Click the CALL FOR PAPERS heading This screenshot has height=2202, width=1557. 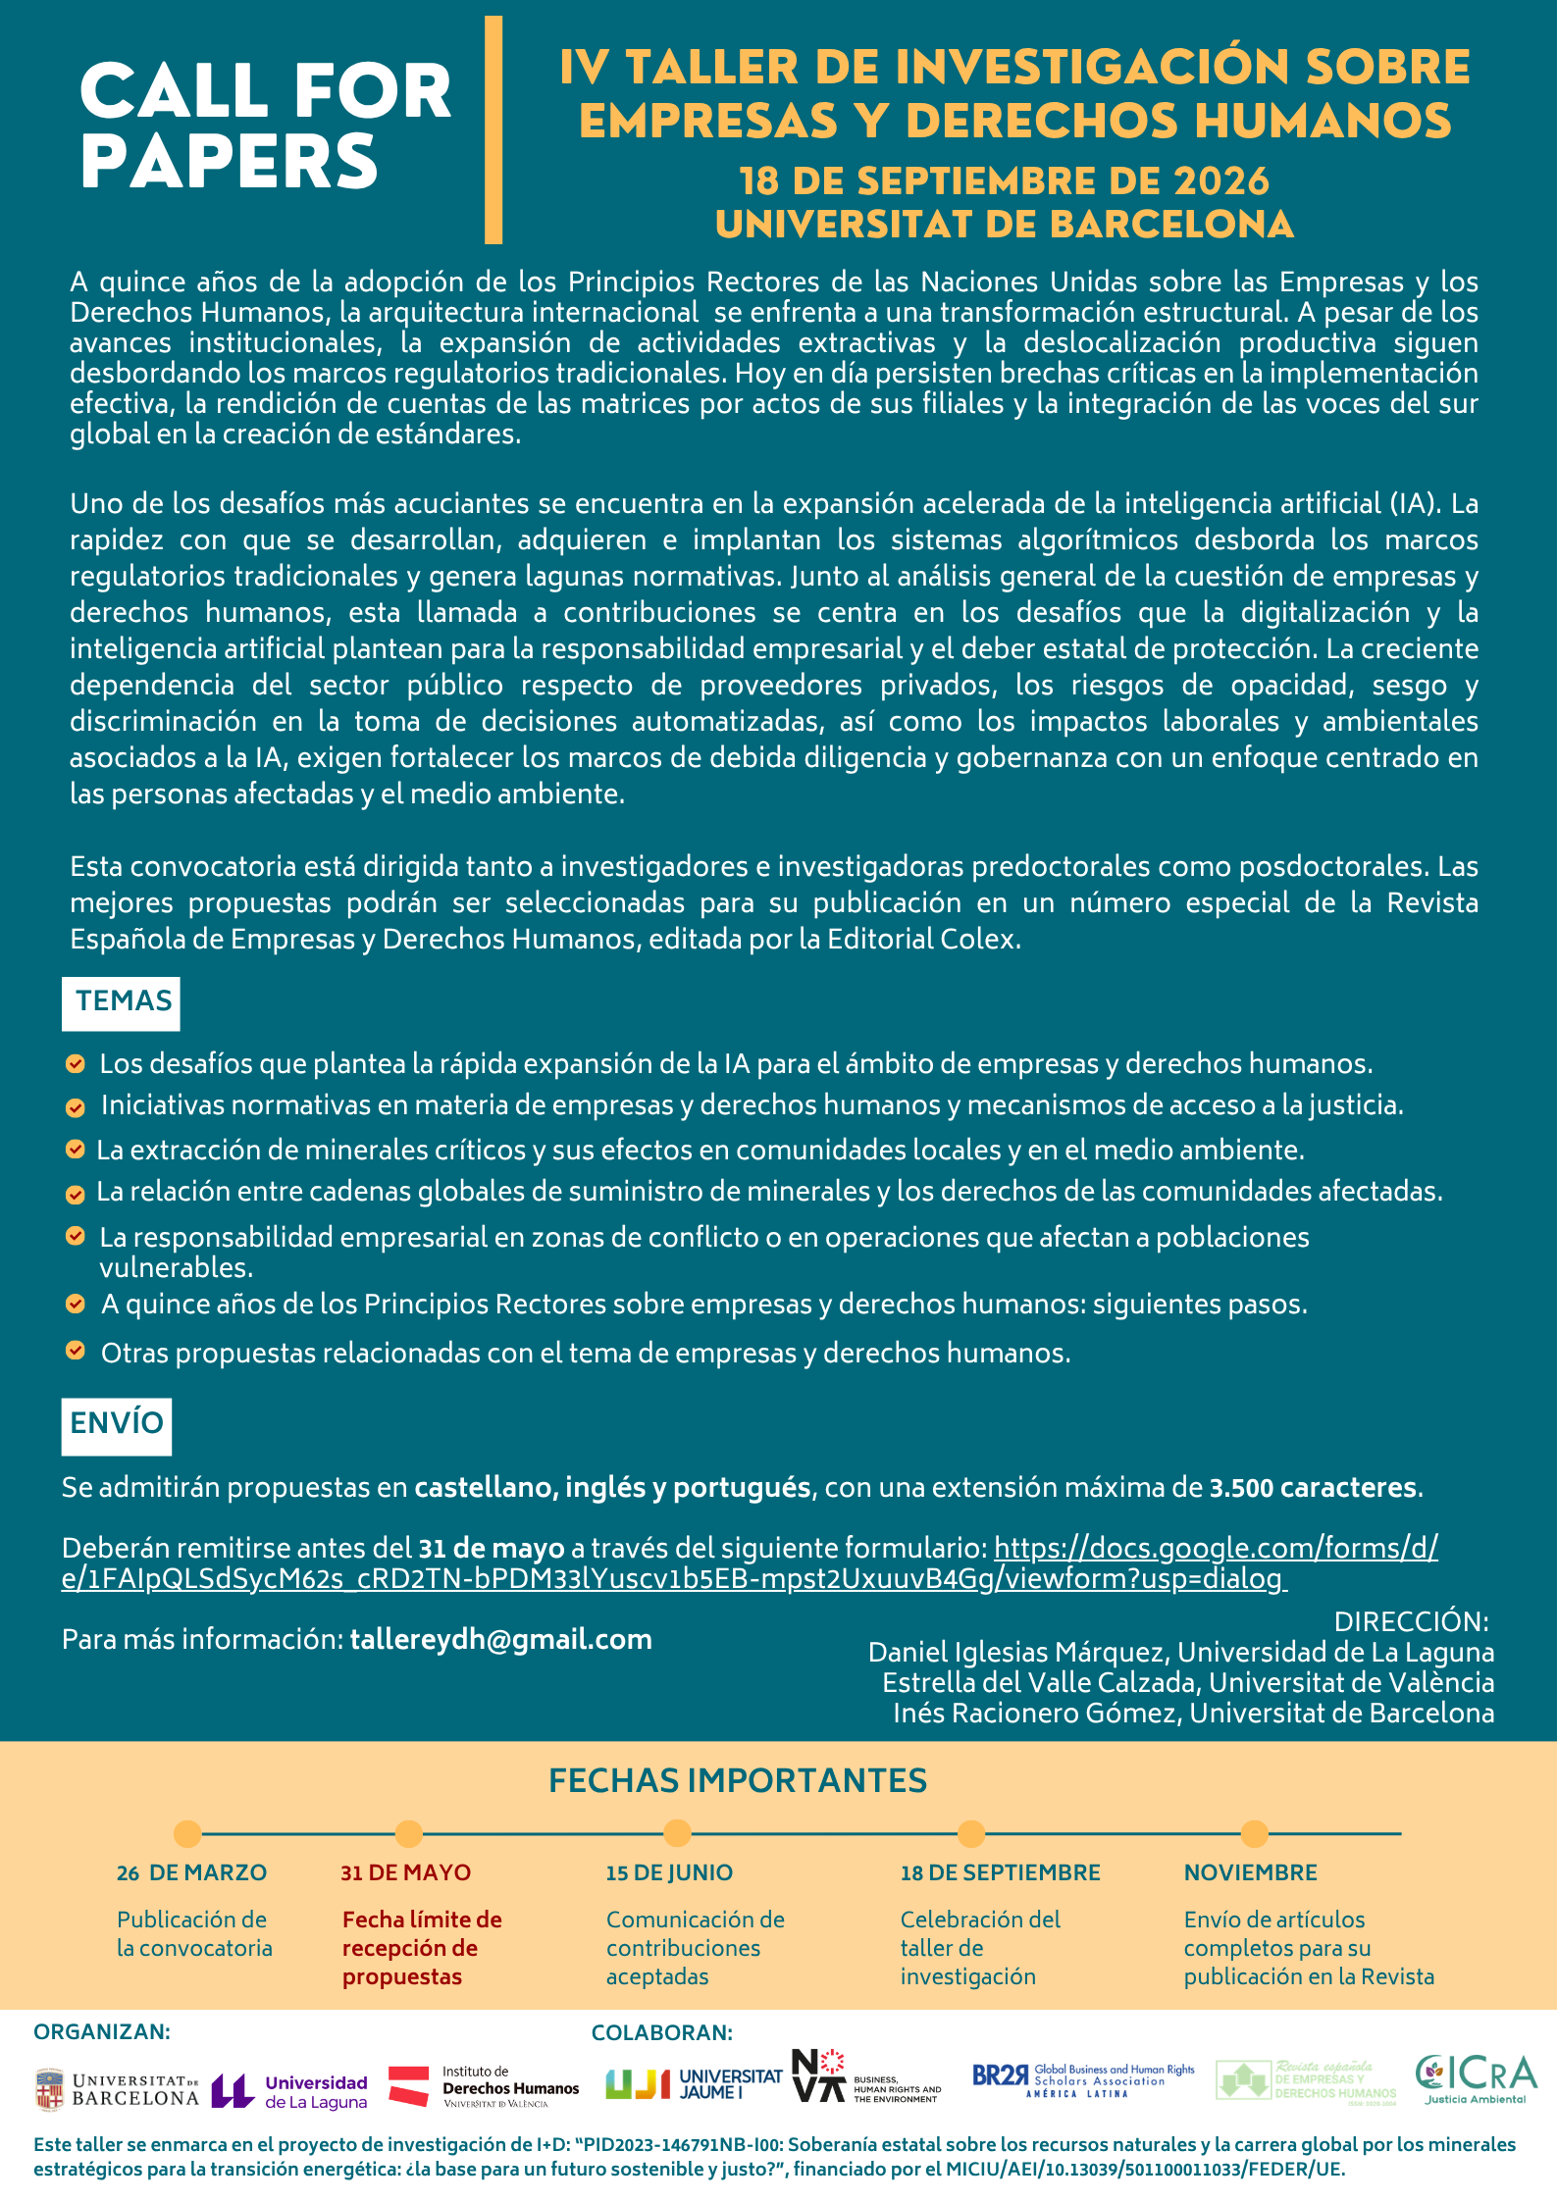coord(265,126)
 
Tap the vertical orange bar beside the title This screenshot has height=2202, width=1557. coord(493,129)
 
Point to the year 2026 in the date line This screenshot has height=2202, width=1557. coord(1221,181)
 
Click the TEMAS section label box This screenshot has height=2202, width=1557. coord(122,1002)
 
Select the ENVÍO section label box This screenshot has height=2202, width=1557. coord(117,1424)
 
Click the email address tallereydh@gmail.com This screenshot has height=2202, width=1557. coord(500,1639)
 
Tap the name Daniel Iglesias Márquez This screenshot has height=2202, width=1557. coord(1017,1652)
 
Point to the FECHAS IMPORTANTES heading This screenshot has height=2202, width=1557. coord(738,1780)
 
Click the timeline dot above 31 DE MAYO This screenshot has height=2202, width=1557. coord(409,1833)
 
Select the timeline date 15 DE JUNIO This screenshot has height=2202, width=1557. coord(669,1872)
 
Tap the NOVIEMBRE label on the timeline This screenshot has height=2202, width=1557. coord(1250,1872)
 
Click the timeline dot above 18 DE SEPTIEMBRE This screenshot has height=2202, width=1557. coord(970,1833)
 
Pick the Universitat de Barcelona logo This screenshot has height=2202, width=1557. coord(117,2089)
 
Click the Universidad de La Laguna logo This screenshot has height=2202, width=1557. coord(289,2090)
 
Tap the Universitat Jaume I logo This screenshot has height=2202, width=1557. coord(694,2084)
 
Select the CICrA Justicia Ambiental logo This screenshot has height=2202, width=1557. coord(1476,2078)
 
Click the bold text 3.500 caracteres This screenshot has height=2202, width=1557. coord(1313,1488)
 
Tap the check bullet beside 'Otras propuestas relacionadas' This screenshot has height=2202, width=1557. coord(76,1351)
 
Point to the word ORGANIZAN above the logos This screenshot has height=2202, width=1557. coord(102,2031)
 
